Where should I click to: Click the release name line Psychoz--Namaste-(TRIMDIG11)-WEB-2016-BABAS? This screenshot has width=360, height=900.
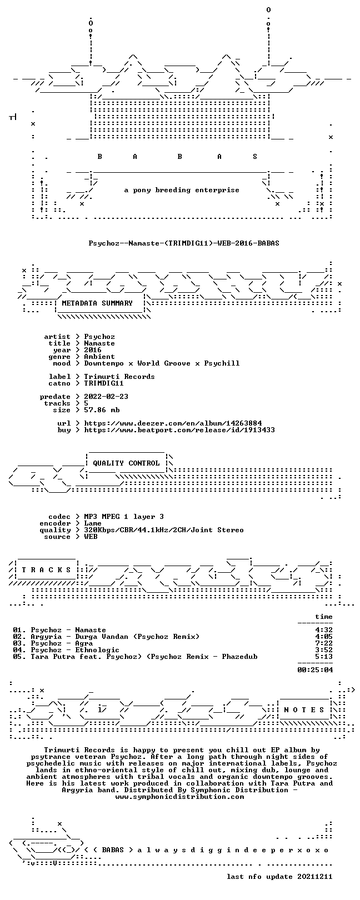(x=184, y=243)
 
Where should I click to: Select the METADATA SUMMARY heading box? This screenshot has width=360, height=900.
(x=97, y=303)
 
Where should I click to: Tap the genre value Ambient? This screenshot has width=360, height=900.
(x=99, y=357)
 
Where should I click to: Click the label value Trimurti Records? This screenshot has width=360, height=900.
(x=119, y=377)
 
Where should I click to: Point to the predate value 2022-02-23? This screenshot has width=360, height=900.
(x=106, y=397)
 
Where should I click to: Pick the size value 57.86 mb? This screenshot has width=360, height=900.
(x=102, y=410)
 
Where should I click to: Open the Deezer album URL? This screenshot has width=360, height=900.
(x=173, y=423)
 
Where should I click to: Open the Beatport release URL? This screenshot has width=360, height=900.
(x=179, y=430)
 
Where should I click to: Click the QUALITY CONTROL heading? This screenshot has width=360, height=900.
(x=126, y=463)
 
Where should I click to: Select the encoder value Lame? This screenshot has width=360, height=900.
(x=93, y=523)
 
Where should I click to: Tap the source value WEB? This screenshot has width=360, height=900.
(x=91, y=537)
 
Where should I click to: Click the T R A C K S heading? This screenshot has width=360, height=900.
(x=46, y=570)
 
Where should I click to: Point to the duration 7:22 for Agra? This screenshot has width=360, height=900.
(x=324, y=643)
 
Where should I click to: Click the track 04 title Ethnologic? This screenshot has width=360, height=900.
(x=97, y=650)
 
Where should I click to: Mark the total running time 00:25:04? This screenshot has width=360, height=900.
(x=315, y=670)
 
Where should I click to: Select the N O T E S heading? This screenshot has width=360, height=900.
(x=304, y=710)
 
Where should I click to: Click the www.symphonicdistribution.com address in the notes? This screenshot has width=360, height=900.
(x=179, y=797)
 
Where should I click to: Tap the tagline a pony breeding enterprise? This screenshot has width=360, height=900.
(x=182, y=190)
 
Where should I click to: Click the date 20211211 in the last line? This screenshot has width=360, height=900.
(x=315, y=877)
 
